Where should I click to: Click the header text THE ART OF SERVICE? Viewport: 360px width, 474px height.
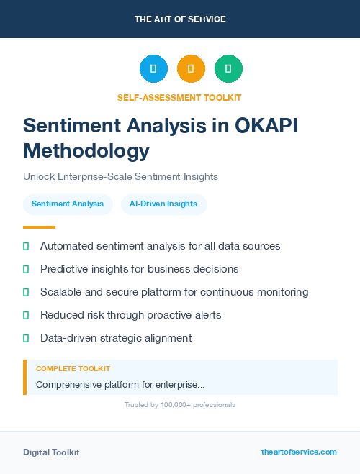click(x=180, y=19)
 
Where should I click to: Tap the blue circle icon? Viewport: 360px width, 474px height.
click(x=153, y=69)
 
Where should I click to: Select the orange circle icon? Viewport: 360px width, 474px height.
click(x=191, y=69)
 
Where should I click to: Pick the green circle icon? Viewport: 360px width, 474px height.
click(x=228, y=69)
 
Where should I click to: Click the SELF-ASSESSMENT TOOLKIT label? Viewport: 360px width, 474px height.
click(x=179, y=97)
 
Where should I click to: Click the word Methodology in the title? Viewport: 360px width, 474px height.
click(x=86, y=151)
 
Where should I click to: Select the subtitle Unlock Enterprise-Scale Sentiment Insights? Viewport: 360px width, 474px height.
click(x=120, y=176)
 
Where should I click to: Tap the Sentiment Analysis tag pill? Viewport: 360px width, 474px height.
click(x=68, y=204)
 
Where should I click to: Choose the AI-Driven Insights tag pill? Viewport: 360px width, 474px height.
click(x=163, y=204)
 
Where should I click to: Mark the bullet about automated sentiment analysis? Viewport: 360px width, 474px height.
click(x=160, y=246)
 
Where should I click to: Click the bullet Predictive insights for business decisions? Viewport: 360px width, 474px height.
click(x=139, y=269)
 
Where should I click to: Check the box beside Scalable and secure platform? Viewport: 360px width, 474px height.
click(x=26, y=292)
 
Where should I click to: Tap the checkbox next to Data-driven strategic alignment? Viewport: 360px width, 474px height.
click(x=26, y=338)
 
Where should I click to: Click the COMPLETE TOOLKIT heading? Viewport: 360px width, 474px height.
click(x=73, y=368)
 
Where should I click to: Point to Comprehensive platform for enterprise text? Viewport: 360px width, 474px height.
click(x=120, y=384)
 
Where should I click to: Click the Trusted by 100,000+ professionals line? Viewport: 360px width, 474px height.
click(x=179, y=405)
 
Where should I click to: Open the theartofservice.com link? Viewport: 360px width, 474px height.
click(x=299, y=452)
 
